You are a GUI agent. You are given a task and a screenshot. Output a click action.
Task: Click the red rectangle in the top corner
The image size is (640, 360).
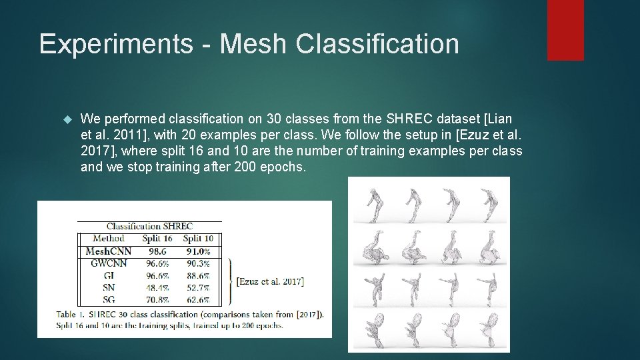565,30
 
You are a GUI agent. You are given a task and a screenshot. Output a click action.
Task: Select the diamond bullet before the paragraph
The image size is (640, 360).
65,119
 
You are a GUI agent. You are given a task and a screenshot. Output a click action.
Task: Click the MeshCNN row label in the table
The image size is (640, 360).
108,251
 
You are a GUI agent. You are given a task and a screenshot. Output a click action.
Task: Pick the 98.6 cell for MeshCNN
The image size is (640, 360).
157,251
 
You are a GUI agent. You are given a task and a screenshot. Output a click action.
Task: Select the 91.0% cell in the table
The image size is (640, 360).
197,251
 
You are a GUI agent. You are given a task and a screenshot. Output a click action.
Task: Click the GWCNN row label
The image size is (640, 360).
108,263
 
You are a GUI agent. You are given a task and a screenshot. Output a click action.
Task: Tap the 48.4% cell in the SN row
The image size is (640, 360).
158,287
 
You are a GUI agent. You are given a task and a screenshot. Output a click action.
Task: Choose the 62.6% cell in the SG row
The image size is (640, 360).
197,300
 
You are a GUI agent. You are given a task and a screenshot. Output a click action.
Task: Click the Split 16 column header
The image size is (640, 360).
157,238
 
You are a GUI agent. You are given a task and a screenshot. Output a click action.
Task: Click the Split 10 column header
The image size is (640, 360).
198,238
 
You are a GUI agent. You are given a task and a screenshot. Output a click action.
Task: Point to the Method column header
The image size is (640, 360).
108,238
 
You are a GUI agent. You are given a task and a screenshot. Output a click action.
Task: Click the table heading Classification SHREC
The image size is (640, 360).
149,226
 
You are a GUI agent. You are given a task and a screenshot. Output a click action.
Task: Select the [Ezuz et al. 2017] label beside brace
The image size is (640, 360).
270,281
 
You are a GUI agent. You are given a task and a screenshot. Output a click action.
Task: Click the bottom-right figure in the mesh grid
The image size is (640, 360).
490,330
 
